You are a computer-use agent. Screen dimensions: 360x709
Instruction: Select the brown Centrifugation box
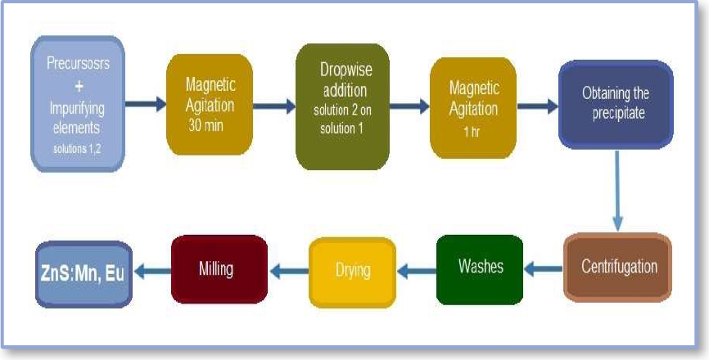click(x=617, y=268)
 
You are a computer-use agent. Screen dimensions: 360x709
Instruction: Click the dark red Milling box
click(x=219, y=269)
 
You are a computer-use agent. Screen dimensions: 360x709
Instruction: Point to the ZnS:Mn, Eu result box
click(x=84, y=272)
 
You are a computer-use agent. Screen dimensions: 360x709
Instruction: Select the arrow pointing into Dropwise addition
click(x=274, y=105)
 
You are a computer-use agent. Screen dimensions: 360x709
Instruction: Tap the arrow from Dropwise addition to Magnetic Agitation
click(x=409, y=105)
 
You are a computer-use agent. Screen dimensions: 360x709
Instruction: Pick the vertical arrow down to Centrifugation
click(x=616, y=193)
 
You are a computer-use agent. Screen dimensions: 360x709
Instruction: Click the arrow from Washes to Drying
click(x=416, y=268)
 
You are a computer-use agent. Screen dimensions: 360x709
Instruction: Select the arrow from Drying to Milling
click(x=287, y=268)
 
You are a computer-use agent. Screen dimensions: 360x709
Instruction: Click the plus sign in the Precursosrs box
click(x=77, y=86)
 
